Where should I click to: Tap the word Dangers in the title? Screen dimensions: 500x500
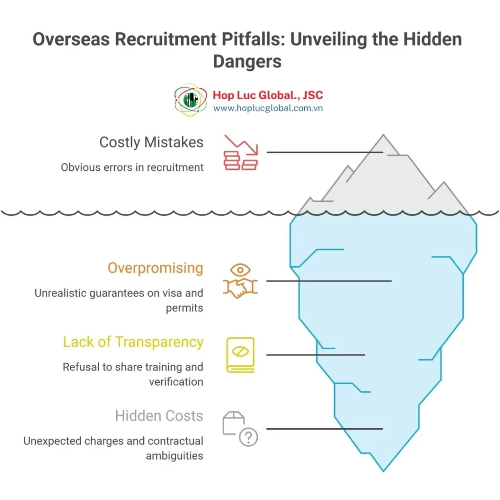[x=247, y=61]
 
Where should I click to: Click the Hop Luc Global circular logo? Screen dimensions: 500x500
[x=191, y=100]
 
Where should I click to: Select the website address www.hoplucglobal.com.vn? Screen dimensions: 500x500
[x=268, y=108]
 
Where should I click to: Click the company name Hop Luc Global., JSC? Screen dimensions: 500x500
[x=268, y=95]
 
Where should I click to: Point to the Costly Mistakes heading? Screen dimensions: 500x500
[x=151, y=143]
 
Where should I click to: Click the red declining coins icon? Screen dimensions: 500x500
[x=240, y=152]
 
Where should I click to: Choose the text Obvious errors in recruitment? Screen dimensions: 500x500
[x=132, y=167]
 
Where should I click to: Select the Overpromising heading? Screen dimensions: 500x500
[x=155, y=268]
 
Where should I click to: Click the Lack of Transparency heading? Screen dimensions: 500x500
[x=133, y=342]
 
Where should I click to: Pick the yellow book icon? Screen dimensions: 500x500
[x=240, y=355]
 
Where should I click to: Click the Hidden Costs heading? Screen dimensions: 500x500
[x=159, y=416]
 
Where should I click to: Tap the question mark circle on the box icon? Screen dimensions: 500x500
[x=249, y=437]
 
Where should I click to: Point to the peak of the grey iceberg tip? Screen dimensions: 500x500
[x=383, y=135]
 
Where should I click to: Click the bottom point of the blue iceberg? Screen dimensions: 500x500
[x=383, y=471]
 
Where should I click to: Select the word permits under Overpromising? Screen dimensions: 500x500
[x=184, y=309]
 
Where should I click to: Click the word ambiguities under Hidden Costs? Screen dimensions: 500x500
[x=174, y=456]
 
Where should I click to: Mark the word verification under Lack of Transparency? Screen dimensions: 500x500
[x=176, y=382]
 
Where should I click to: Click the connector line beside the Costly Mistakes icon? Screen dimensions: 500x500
[x=325, y=152]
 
